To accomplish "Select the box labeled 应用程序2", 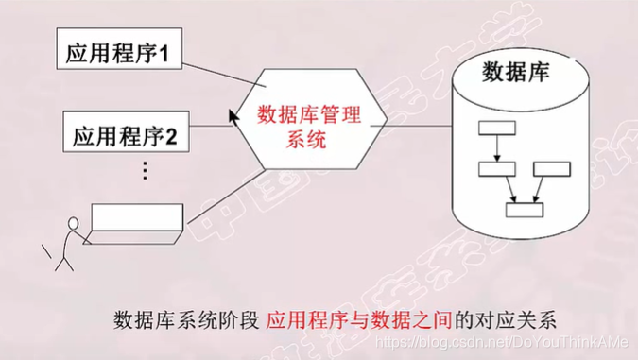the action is [125, 134].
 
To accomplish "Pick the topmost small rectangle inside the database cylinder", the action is [494, 128].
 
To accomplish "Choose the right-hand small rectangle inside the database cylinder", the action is [552, 170].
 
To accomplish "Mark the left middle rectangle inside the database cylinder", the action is [495, 170].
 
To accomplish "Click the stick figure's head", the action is [72, 224].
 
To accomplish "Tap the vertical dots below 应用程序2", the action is [145, 171].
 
